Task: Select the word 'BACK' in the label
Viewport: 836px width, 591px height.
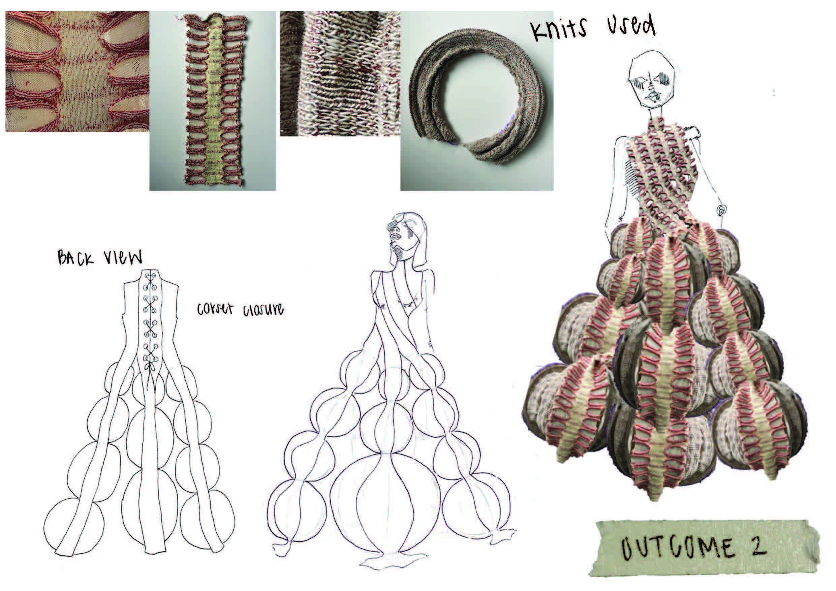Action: coord(75,257)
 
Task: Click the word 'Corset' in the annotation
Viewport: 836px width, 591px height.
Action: coord(215,310)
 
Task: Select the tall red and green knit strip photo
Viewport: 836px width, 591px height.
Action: coord(213,100)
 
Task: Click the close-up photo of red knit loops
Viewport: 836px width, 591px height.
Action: coord(77,71)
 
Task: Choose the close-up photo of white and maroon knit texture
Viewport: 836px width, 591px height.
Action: coord(340,73)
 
